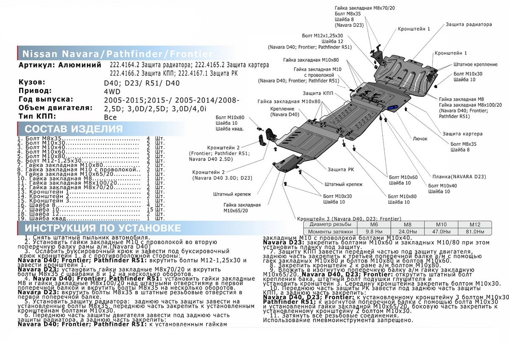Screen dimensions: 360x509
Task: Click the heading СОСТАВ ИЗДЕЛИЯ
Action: click(x=74, y=129)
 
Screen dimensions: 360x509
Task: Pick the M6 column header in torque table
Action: click(x=374, y=224)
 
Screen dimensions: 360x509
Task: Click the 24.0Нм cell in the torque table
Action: click(x=407, y=231)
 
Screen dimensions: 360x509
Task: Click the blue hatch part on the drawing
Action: click(x=392, y=108)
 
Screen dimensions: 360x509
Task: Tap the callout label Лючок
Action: click(x=420, y=138)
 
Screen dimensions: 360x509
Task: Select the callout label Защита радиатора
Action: click(x=469, y=25)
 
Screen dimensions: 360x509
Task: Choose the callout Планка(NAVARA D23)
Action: click(x=459, y=176)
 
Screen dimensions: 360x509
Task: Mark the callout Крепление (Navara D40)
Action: click(x=285, y=112)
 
